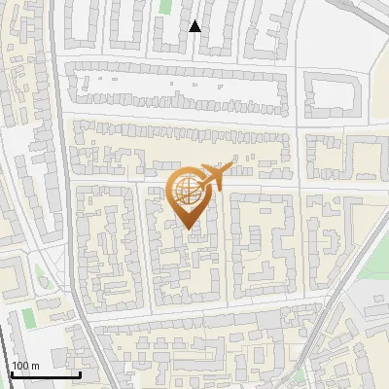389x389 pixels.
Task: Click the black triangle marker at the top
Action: tap(194, 26)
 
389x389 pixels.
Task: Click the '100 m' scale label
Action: tap(25, 366)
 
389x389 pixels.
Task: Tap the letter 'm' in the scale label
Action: tap(35, 366)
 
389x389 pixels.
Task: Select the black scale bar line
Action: tap(45, 375)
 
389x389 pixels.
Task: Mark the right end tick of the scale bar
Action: tap(80, 372)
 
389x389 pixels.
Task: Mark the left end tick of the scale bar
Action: tap(11, 372)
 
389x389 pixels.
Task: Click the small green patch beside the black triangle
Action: tap(165, 6)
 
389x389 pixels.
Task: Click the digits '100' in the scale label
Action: tap(19, 366)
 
